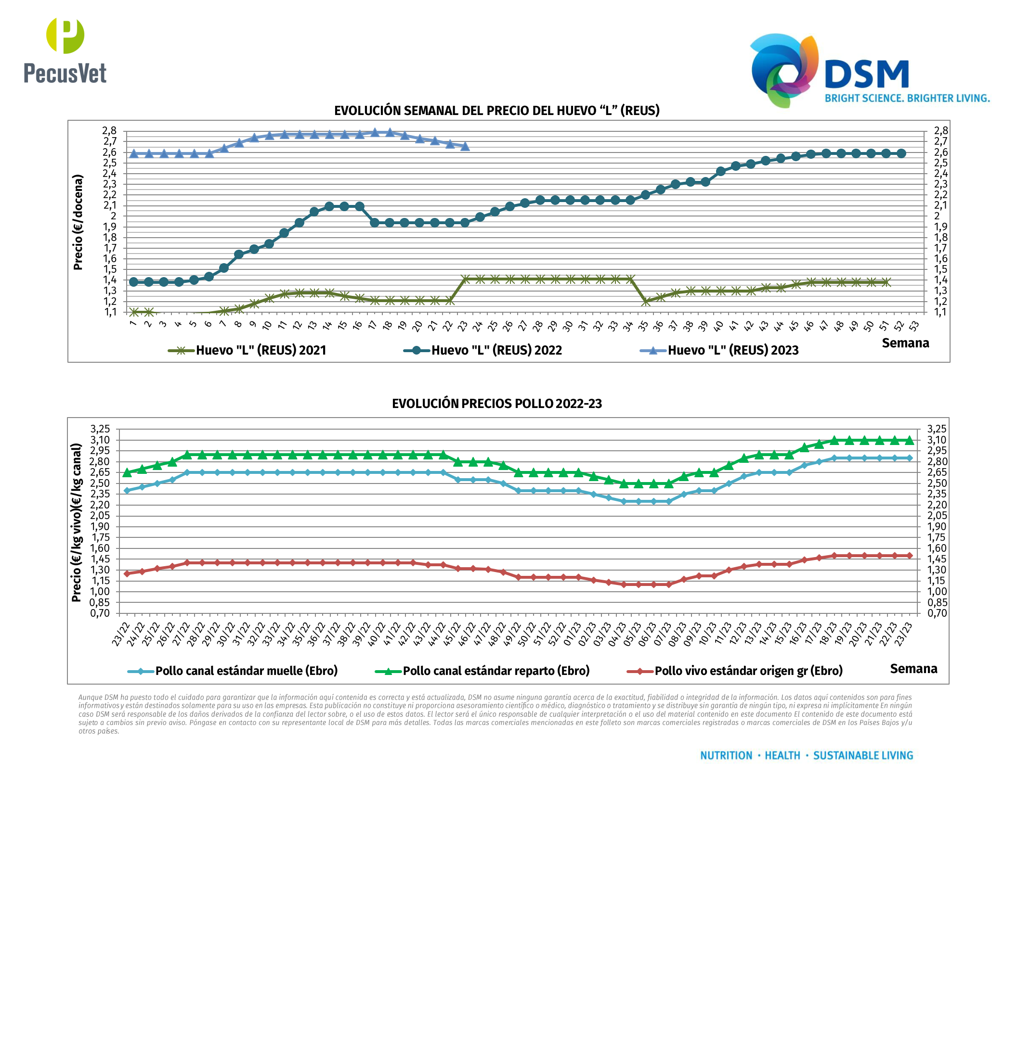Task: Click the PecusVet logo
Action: point(65,51)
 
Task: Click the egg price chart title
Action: point(497,111)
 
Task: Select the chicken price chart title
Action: point(497,404)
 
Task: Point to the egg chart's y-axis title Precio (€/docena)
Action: point(78,222)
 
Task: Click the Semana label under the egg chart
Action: point(905,343)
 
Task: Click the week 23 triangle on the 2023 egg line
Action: point(465,146)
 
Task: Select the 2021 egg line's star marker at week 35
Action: point(645,302)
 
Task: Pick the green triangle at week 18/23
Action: point(834,440)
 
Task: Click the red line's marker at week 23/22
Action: point(127,574)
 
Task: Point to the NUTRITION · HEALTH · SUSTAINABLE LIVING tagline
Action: point(807,755)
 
